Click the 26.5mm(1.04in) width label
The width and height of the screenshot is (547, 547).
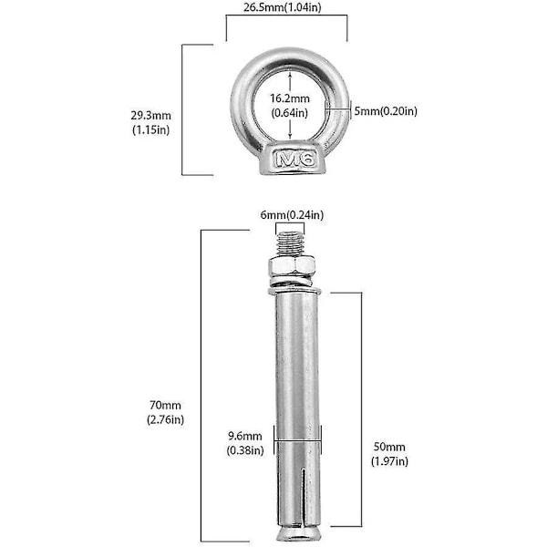tap(282, 7)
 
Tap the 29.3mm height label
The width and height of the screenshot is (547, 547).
tap(150, 115)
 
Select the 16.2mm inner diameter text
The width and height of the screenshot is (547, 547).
tap(290, 98)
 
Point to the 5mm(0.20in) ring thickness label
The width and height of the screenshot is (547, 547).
tap(386, 111)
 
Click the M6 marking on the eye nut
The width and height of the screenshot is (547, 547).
tap(295, 160)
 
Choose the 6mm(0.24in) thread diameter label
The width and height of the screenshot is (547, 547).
tap(292, 215)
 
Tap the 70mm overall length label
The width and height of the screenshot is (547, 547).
tap(165, 405)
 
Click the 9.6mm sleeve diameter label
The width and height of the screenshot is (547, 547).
tap(245, 436)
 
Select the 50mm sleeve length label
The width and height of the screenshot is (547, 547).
tap(389, 447)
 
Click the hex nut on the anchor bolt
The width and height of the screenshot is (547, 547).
tap(292, 267)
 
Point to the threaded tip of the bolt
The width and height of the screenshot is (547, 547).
tap(289, 244)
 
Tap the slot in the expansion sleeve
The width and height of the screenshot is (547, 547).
tap(304, 495)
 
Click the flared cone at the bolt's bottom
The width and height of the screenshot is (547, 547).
tap(297, 533)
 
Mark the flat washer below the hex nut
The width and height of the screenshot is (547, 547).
tap(294, 290)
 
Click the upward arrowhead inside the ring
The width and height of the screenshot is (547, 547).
tap(290, 74)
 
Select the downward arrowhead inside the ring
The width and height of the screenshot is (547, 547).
tap(290, 136)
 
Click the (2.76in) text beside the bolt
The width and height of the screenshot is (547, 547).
tap(165, 419)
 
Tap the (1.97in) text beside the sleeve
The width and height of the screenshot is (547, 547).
tap(389, 461)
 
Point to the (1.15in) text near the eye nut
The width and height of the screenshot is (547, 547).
tap(150, 129)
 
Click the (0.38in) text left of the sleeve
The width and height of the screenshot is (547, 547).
tap(245, 450)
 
